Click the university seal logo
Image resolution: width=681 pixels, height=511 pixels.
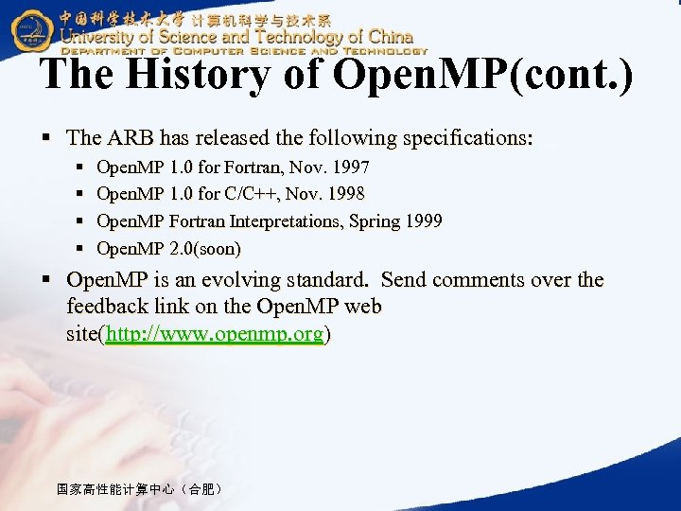(31, 29)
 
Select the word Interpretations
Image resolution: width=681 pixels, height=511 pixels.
(289, 221)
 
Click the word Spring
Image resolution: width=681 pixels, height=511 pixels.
(374, 221)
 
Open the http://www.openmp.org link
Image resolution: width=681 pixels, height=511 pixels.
(216, 334)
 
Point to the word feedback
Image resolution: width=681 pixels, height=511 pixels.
(110, 308)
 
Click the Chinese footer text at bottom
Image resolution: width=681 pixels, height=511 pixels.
(139, 489)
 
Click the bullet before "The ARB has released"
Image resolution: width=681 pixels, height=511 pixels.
(46, 139)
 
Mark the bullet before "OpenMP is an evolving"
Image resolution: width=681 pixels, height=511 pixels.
(46, 281)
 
